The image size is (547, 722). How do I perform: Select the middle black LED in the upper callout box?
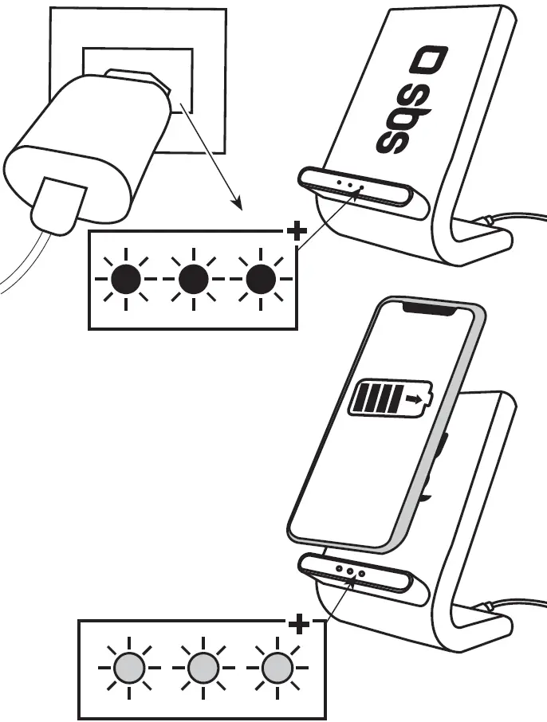(x=193, y=280)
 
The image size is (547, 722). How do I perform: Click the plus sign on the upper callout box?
(x=296, y=232)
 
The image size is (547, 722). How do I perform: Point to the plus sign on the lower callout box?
(x=299, y=625)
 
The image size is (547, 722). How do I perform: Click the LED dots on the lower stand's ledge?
(x=349, y=572)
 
